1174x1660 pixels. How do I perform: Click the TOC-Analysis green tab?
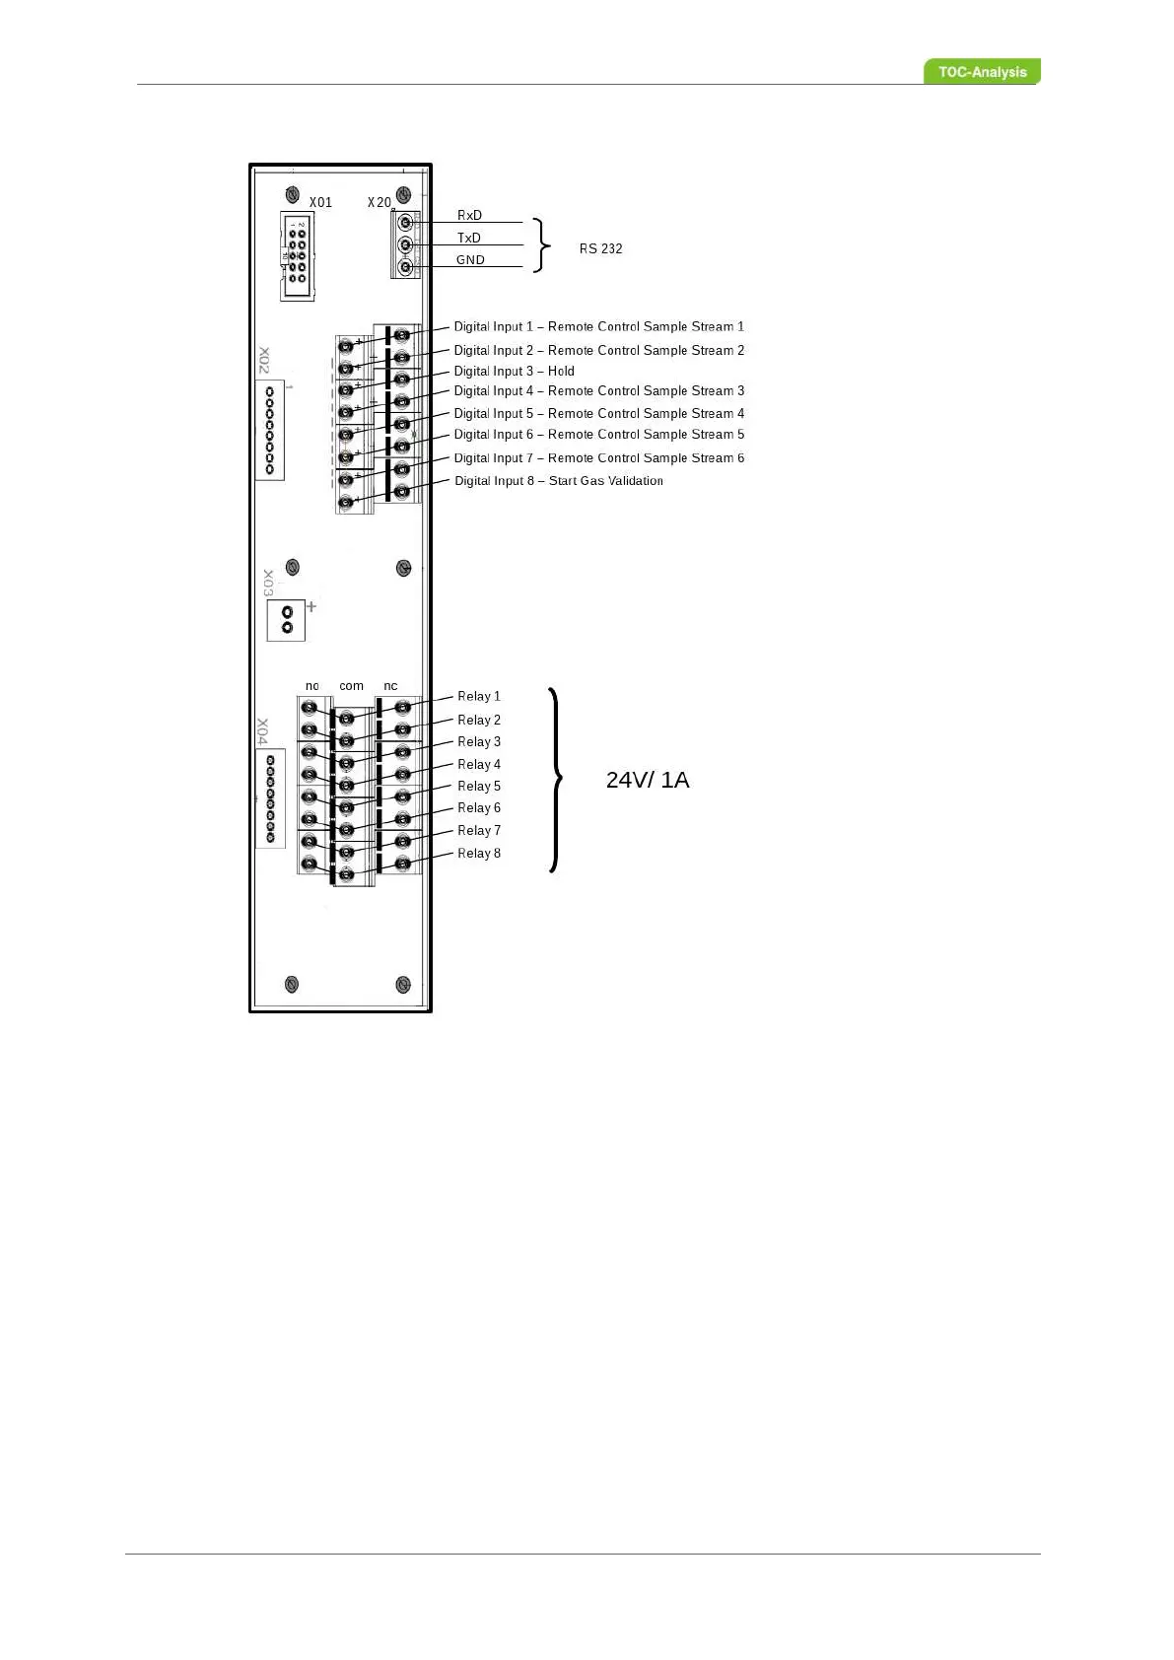[x=982, y=72]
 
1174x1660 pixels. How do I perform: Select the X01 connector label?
[x=320, y=202]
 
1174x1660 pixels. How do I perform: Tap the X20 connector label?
[x=379, y=202]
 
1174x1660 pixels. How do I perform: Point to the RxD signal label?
[x=469, y=215]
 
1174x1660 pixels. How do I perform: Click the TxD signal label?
[x=469, y=238]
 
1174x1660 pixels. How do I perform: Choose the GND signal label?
[x=470, y=260]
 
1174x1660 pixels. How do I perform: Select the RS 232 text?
[x=600, y=248]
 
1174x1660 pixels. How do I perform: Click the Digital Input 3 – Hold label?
[x=514, y=371]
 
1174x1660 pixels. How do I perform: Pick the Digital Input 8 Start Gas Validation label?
[x=558, y=481]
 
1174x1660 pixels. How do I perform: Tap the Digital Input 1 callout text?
[x=598, y=326]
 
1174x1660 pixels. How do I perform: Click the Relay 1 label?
[x=478, y=696]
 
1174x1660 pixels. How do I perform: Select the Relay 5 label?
[x=478, y=786]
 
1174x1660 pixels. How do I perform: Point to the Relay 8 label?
[x=478, y=853]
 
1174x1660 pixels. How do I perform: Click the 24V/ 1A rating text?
[x=648, y=780]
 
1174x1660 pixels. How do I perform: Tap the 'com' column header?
[x=351, y=685]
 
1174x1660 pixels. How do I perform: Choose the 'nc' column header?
[x=390, y=685]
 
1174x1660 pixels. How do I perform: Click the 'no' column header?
[x=311, y=685]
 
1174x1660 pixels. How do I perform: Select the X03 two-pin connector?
[x=287, y=620]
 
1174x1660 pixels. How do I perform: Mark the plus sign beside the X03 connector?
[x=311, y=606]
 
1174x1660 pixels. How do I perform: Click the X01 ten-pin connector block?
[x=297, y=256]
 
